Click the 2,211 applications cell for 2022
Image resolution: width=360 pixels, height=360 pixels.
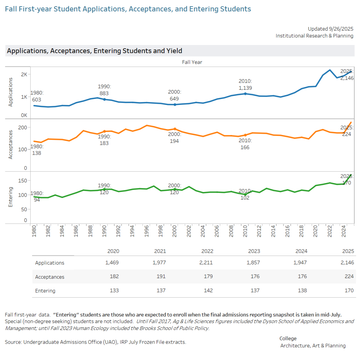coord(206,263)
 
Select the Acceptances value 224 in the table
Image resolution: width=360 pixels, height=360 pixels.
coord(349,277)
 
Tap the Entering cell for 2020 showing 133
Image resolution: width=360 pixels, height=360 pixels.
coord(114,291)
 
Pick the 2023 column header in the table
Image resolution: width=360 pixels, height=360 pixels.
coord(254,251)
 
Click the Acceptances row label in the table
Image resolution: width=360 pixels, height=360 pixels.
coord(50,277)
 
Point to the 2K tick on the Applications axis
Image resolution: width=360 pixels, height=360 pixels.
coord(24,74)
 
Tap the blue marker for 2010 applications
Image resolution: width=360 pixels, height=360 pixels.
coord(245,94)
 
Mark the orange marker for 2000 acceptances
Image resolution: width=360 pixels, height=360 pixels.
coord(175,129)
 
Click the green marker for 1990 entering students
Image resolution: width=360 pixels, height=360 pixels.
coord(104,189)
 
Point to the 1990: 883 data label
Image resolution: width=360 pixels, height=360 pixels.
coord(104,90)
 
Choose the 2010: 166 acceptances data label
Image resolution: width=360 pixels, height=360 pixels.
coord(245,144)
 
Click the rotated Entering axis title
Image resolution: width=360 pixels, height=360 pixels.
coord(10,197)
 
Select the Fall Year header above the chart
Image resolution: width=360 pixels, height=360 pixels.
coord(192,62)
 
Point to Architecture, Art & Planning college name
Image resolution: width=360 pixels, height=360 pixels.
coord(313,345)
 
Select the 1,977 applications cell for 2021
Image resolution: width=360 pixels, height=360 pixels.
coord(159,263)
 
